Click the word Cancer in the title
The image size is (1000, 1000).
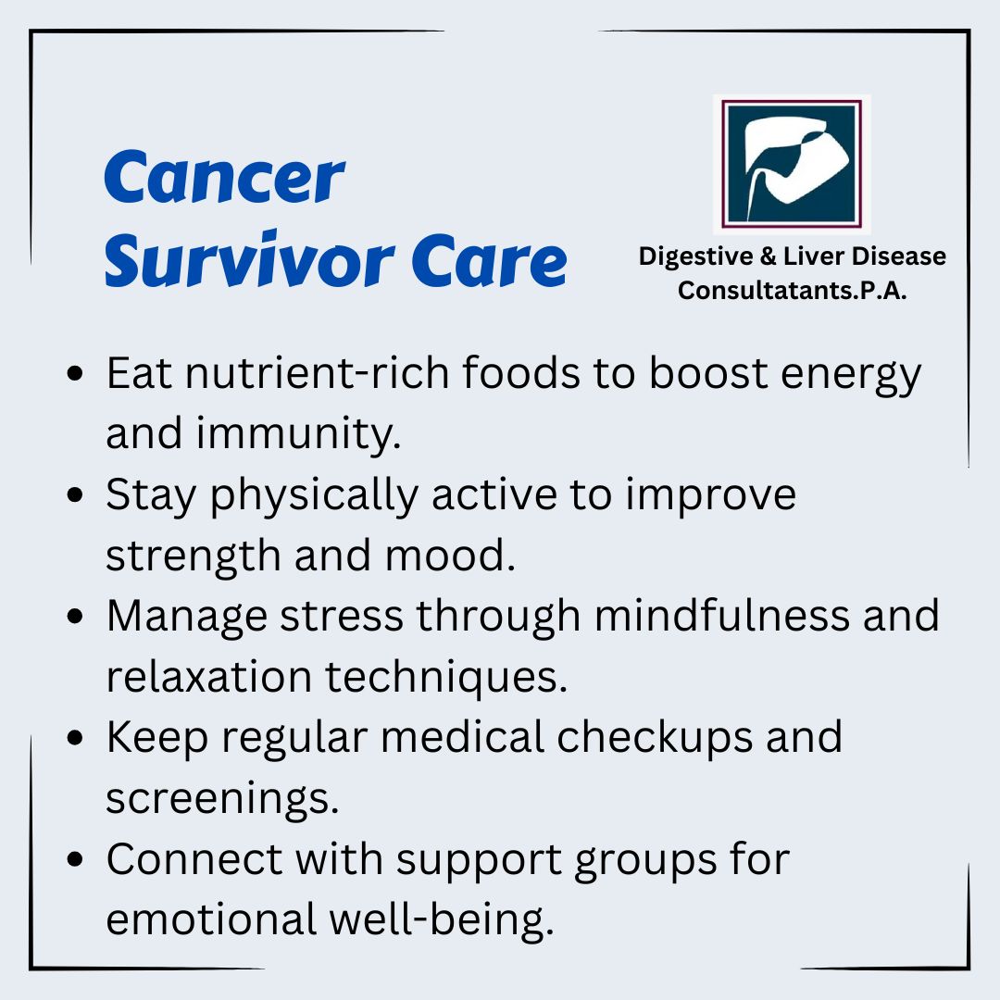pos(224,177)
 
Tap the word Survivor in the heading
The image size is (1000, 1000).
pos(249,258)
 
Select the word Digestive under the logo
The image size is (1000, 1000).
pos(695,256)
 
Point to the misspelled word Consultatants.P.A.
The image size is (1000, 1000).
pos(792,290)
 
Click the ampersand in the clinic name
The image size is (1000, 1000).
pos(768,256)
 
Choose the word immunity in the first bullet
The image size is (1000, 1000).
pos(298,434)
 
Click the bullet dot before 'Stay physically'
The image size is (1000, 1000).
pos(75,494)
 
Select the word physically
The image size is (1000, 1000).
pos(315,495)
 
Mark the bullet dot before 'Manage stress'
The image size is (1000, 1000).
pos(75,617)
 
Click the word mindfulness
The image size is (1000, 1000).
pos(722,616)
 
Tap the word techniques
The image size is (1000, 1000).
pos(445,677)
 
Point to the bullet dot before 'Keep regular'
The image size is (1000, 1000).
pos(75,738)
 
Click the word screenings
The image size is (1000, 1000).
pos(222,798)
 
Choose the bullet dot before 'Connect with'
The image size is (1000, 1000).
pos(75,859)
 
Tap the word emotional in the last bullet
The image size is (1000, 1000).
pos(211,919)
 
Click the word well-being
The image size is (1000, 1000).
pos(442,920)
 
